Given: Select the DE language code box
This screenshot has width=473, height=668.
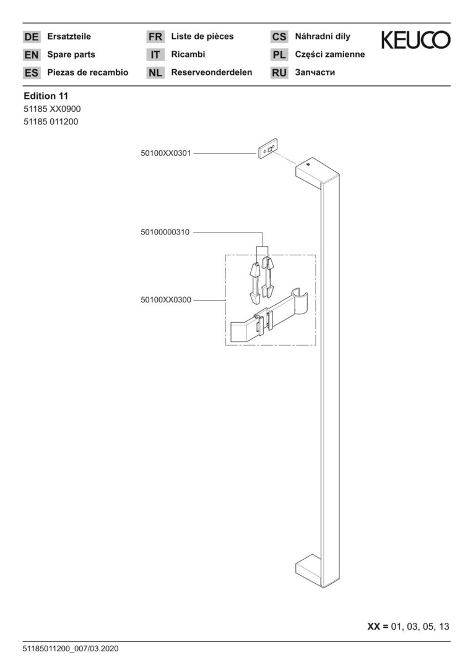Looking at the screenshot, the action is pyautogui.click(x=32, y=36).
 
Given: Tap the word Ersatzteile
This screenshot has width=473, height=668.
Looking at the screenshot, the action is pyautogui.click(x=69, y=36).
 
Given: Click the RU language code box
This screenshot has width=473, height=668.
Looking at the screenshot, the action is pyautogui.click(x=279, y=72).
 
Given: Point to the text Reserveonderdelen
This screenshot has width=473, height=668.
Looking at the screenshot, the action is pyautogui.click(x=212, y=72).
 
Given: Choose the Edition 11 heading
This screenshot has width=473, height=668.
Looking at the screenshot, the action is pyautogui.click(x=46, y=96).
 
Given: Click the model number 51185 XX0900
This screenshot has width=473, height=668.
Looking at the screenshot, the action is pyautogui.click(x=52, y=109).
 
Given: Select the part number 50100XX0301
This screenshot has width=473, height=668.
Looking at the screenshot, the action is pyautogui.click(x=166, y=153).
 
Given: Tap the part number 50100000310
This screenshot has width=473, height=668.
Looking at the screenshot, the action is pyautogui.click(x=165, y=233).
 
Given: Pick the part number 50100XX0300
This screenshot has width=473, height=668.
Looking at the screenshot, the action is pyautogui.click(x=166, y=300).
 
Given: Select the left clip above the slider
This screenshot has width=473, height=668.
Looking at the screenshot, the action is pyautogui.click(x=254, y=284).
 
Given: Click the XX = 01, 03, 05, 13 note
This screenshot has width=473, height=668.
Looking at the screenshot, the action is pyautogui.click(x=408, y=626).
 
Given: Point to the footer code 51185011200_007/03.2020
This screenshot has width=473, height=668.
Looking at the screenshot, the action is pyautogui.click(x=71, y=649).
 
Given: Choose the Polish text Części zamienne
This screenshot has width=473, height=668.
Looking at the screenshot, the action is pyautogui.click(x=330, y=54).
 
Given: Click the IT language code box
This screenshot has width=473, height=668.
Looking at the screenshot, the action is pyautogui.click(x=155, y=54).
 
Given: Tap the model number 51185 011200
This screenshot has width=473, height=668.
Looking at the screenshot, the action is pyautogui.click(x=51, y=122).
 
